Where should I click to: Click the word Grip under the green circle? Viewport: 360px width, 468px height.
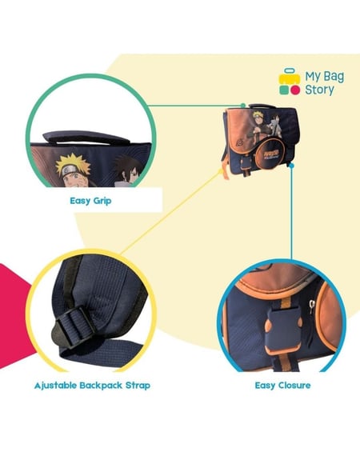click(x=102, y=201)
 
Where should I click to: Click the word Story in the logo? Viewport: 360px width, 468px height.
click(x=319, y=90)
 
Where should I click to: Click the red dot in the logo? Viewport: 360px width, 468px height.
click(x=295, y=90)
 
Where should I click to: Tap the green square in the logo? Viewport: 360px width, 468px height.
click(x=284, y=90)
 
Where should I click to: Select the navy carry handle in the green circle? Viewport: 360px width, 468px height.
click(x=86, y=137)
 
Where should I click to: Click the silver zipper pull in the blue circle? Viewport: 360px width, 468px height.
click(x=312, y=307)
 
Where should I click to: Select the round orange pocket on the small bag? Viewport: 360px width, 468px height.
click(x=270, y=153)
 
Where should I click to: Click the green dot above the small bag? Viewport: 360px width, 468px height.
click(x=243, y=106)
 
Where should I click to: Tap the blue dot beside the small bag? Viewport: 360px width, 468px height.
click(x=292, y=165)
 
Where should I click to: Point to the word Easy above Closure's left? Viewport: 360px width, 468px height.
click(x=265, y=386)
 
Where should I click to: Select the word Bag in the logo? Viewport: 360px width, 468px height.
click(x=334, y=77)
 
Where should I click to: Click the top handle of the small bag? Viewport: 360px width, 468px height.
click(x=259, y=106)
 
